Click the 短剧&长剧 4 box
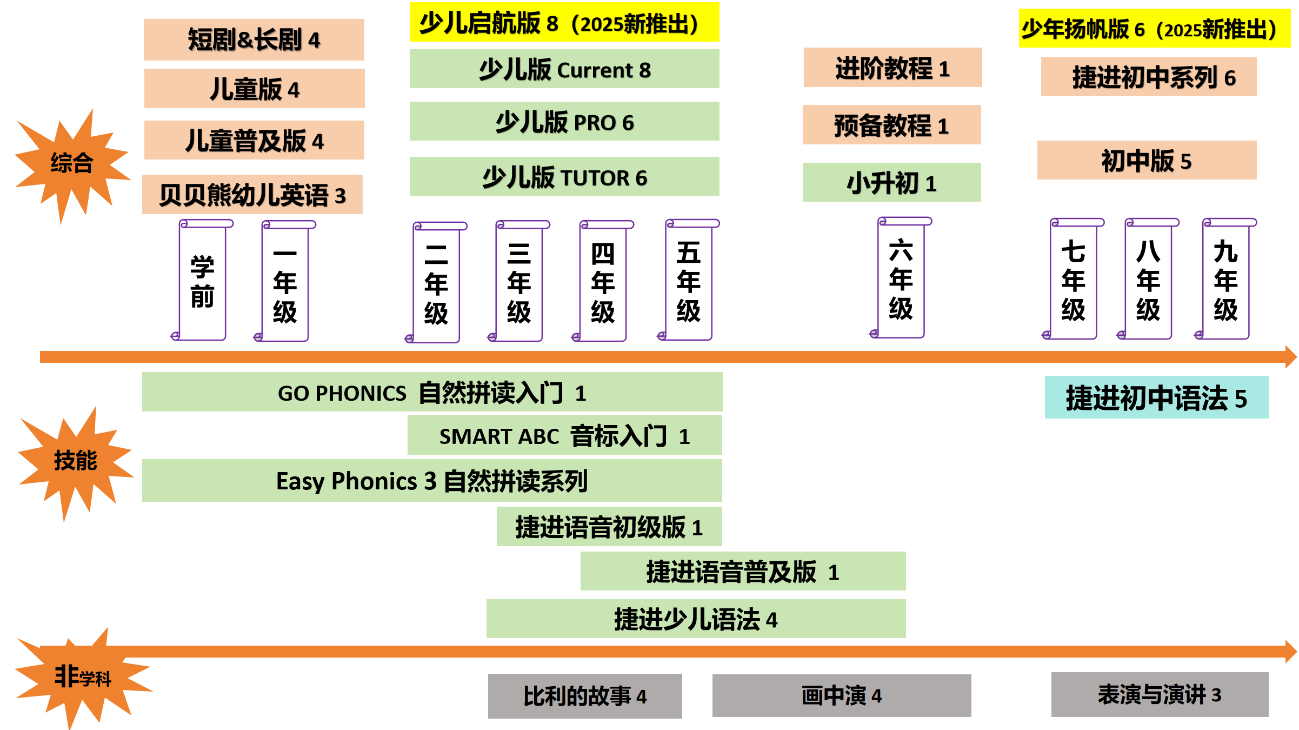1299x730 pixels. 254,39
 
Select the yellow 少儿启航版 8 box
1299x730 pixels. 564,23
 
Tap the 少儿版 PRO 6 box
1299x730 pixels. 564,122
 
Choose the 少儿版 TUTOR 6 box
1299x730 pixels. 564,177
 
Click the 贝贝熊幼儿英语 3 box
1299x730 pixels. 252,195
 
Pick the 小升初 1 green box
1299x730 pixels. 891,183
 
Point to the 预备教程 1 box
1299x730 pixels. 891,125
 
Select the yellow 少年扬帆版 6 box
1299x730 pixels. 1154,29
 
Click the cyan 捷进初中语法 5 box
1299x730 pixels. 1156,397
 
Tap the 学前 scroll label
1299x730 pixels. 202,281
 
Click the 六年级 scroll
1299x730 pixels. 901,279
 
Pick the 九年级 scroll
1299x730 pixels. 1225,280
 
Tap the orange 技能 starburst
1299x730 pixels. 75,461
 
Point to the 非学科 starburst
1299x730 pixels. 82,677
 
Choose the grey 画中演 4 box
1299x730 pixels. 841,695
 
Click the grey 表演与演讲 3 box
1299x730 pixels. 1160,695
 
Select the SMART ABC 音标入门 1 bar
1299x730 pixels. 564,436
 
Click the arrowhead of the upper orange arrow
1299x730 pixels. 1290,357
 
